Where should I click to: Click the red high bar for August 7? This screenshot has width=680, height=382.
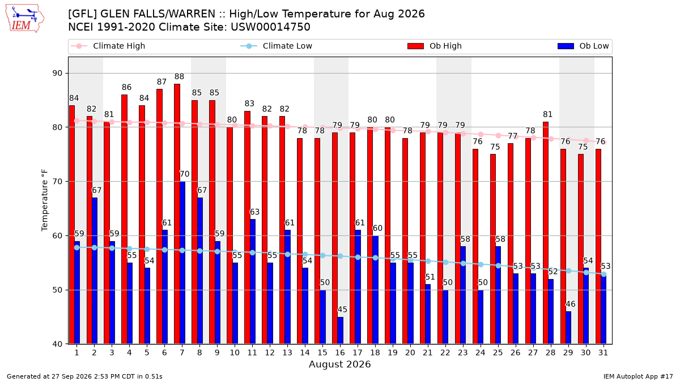tap(177, 214)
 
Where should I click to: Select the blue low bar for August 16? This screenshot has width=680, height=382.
tap(341, 331)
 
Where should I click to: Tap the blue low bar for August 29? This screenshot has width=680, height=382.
tap(568, 328)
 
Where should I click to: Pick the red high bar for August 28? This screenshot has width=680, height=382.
tap(546, 233)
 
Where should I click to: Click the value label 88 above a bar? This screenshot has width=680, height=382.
tap(179, 76)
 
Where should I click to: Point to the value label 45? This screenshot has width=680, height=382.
tap(342, 310)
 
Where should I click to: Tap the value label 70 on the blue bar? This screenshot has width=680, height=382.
tap(185, 174)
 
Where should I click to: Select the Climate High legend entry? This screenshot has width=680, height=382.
tap(108, 46)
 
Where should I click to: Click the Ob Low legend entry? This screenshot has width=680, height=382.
tap(583, 46)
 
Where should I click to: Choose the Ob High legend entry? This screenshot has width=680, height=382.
tap(435, 46)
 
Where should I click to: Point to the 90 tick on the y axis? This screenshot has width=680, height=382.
tap(57, 74)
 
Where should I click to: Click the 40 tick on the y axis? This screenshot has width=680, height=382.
tap(57, 344)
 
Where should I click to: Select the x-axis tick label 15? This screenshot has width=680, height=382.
tap(322, 353)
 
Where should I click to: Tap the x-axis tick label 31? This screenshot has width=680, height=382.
tap(603, 353)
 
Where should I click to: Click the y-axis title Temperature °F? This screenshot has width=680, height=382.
tap(45, 200)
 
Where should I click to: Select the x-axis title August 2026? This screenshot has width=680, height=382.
tap(339, 364)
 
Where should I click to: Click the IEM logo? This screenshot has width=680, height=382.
tap(24, 19)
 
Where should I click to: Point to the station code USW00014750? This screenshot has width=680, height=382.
tap(270, 27)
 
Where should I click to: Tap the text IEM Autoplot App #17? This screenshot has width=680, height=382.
tap(638, 376)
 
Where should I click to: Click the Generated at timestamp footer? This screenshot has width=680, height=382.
tap(84, 376)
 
